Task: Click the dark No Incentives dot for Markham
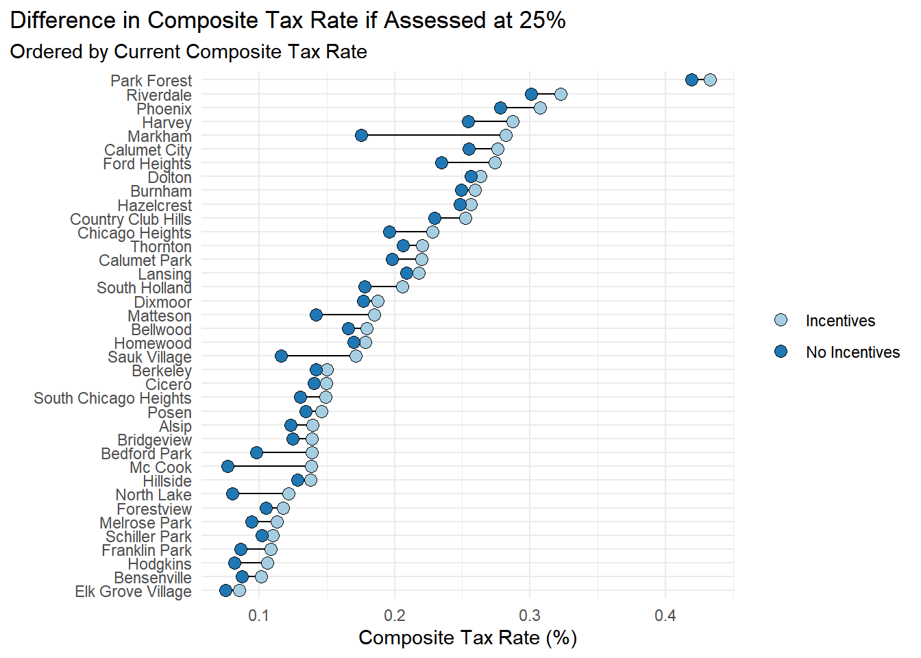pyautogui.click(x=361, y=135)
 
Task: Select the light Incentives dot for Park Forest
pyautogui.click(x=710, y=80)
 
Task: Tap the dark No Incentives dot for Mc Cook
pyautogui.click(x=228, y=466)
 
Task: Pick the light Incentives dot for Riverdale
pyautogui.click(x=561, y=94)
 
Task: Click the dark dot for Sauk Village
pyautogui.click(x=281, y=356)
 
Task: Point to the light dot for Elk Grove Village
pyautogui.click(x=239, y=590)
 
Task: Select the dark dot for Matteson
pyautogui.click(x=316, y=315)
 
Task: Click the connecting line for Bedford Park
pyautogui.click(x=284, y=452)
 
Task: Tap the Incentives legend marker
pyautogui.click(x=781, y=320)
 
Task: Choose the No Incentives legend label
pyautogui.click(x=852, y=352)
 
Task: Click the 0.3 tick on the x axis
pyautogui.click(x=530, y=616)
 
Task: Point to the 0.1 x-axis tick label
pyautogui.click(x=259, y=616)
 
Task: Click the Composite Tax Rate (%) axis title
pyautogui.click(x=467, y=638)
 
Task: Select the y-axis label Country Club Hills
pyautogui.click(x=131, y=219)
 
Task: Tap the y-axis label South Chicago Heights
pyautogui.click(x=112, y=398)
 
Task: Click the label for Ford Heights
pyautogui.click(x=147, y=164)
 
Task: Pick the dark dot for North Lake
pyautogui.click(x=232, y=493)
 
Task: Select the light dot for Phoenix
pyautogui.click(x=540, y=108)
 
